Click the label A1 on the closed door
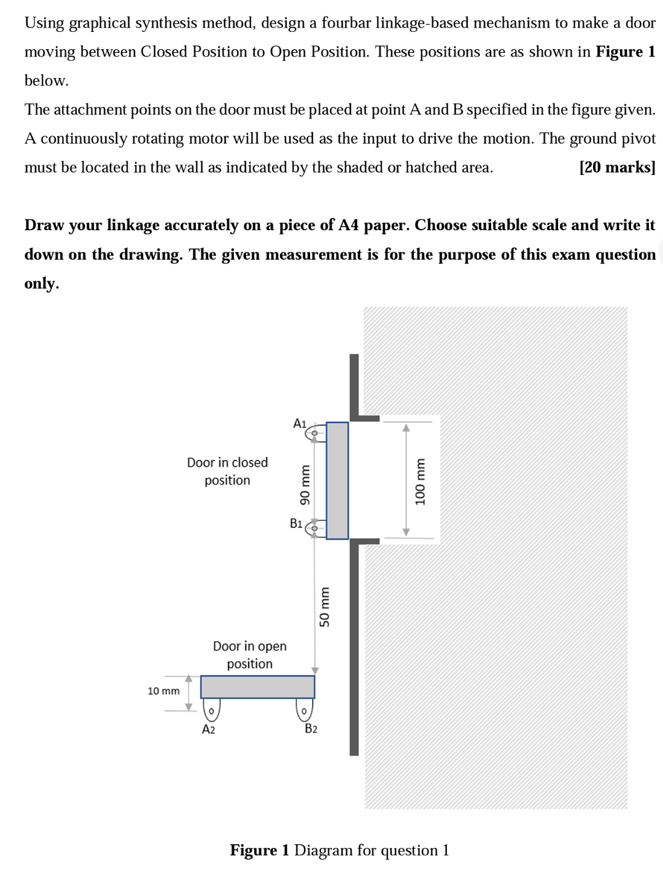(300, 424)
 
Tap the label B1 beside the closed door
(296, 524)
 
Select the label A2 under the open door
(209, 729)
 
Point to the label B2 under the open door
(311, 729)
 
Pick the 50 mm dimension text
(325, 607)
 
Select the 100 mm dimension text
(421, 481)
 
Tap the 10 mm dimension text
(163, 691)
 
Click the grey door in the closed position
(337, 480)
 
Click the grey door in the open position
(257, 687)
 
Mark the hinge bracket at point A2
(211, 710)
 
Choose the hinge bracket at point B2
(304, 710)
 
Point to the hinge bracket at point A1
(315, 433)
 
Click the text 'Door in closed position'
(227, 471)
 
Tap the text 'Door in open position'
(249, 655)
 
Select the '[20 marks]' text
(617, 167)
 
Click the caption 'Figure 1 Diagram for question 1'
(339, 850)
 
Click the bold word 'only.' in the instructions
(42, 283)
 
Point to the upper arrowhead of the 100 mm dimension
(406, 428)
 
